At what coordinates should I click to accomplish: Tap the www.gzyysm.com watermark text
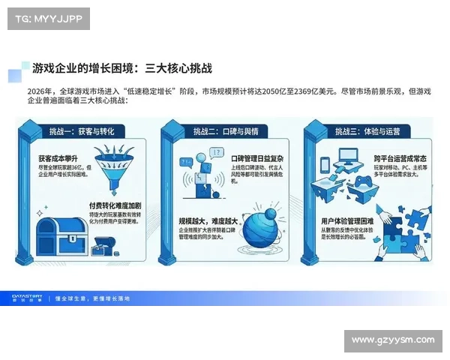pos(392,340)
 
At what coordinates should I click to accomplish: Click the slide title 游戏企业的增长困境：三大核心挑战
pos(122,68)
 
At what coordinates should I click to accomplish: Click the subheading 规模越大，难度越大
pos(208,221)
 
